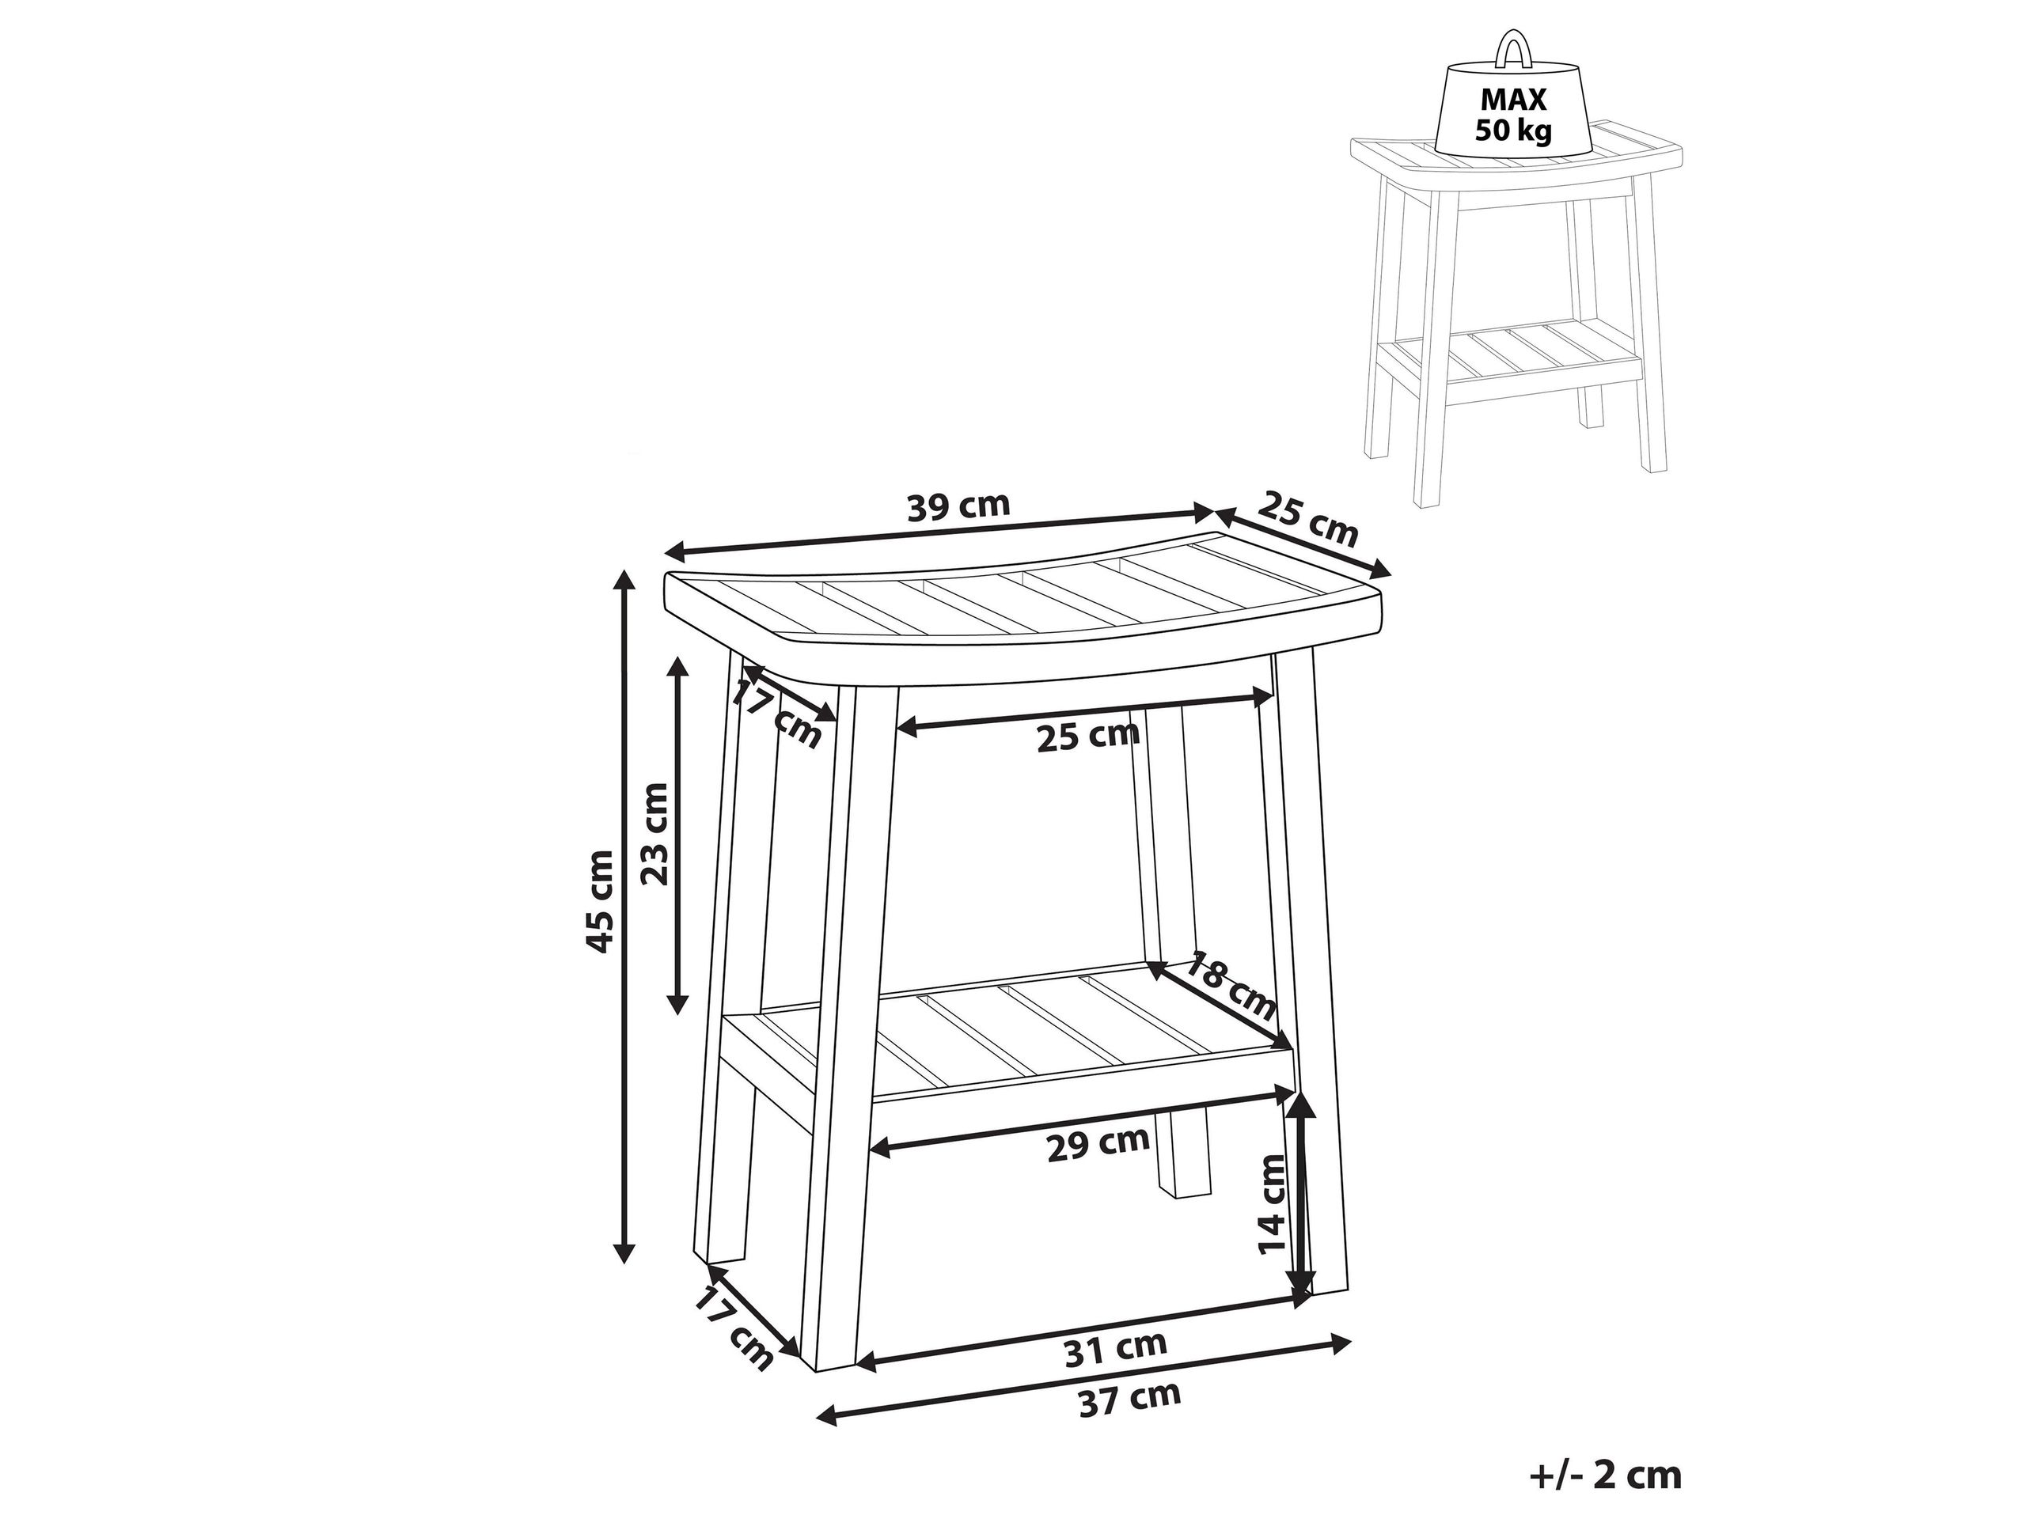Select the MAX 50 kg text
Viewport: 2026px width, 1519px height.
(1514, 115)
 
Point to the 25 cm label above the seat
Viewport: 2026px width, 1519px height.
(1311, 519)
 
